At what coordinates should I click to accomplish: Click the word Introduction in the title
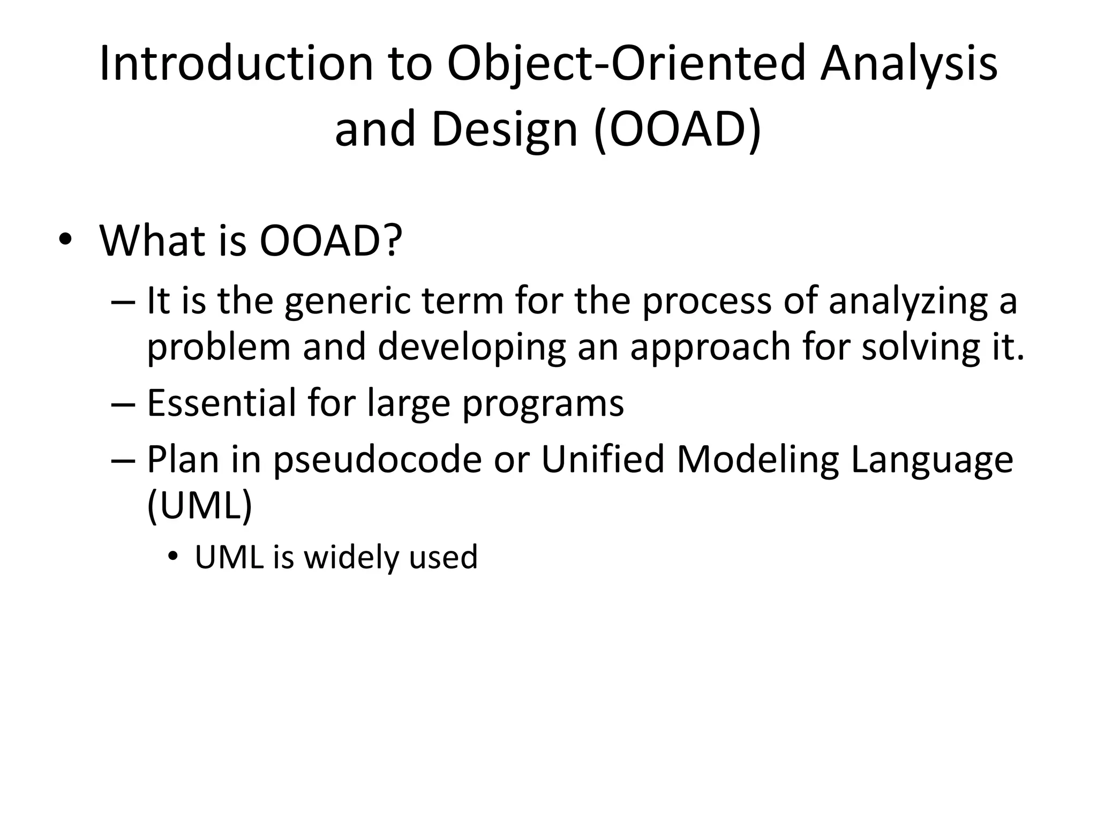[x=236, y=64]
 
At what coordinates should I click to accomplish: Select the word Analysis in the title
[x=908, y=64]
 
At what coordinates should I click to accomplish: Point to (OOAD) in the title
[x=678, y=130]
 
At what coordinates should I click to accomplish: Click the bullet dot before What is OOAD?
[x=65, y=240]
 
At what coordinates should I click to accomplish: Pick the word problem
[x=219, y=347]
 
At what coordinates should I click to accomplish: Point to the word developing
[x=472, y=347]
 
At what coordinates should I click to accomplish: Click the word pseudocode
[x=378, y=460]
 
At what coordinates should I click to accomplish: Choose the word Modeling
[x=757, y=460]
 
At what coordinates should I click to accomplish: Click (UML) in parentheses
[x=199, y=505]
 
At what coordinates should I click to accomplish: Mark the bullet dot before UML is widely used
[x=171, y=557]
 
